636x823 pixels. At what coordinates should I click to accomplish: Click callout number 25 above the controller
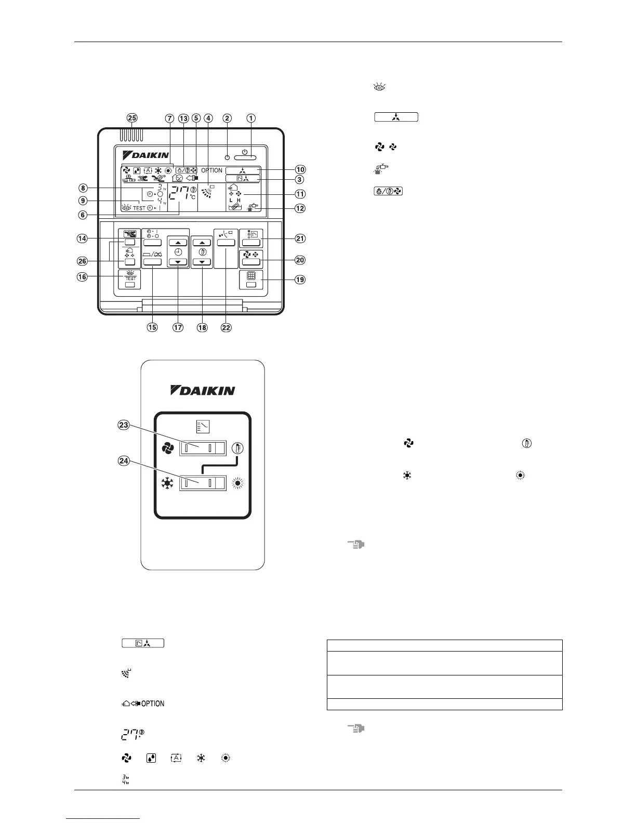[x=132, y=118]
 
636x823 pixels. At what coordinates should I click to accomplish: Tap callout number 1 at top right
[x=251, y=118]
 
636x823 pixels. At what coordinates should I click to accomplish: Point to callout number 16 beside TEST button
[x=82, y=277]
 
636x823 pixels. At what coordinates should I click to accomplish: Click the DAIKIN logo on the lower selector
[x=203, y=390]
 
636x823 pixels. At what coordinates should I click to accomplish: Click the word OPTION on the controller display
[x=211, y=170]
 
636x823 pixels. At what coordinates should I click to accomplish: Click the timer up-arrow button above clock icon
[x=178, y=243]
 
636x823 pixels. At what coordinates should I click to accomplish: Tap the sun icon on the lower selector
[x=239, y=483]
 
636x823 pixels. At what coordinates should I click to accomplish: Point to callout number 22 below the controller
[x=226, y=327]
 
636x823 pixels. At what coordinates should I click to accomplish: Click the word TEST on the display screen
[x=139, y=208]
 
